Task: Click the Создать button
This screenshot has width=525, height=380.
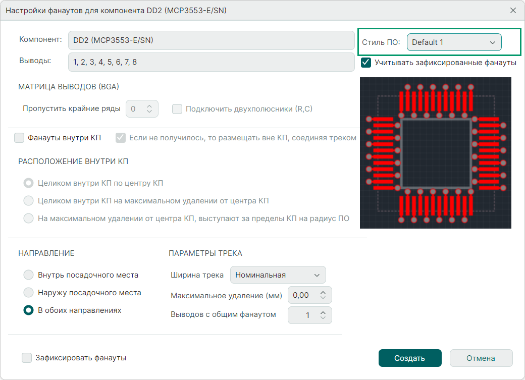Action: (x=410, y=358)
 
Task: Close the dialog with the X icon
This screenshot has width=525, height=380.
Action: (x=513, y=11)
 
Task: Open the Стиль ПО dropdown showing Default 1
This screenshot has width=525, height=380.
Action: (x=454, y=42)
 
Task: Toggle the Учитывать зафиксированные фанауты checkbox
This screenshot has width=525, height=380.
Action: (x=366, y=63)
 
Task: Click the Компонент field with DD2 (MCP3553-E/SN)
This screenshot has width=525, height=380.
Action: (x=212, y=40)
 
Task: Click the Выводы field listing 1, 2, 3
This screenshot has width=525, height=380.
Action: (x=212, y=62)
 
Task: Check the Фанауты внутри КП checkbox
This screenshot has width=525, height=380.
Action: (x=19, y=138)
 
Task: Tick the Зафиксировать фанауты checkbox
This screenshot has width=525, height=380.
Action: (x=27, y=358)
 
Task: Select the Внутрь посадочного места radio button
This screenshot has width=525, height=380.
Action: (x=28, y=275)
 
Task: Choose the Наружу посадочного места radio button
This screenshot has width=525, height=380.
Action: (x=28, y=293)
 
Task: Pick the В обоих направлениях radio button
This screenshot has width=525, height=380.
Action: (x=28, y=310)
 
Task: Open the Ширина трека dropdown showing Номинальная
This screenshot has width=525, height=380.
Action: (x=278, y=275)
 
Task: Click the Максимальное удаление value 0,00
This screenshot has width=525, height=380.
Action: (x=301, y=295)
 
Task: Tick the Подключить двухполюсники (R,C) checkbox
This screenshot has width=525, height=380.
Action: (x=177, y=109)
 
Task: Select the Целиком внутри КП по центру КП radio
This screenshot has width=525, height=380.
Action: (x=28, y=183)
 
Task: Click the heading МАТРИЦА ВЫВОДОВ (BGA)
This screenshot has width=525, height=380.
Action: (x=69, y=87)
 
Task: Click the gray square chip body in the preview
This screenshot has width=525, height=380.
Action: (x=436, y=153)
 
